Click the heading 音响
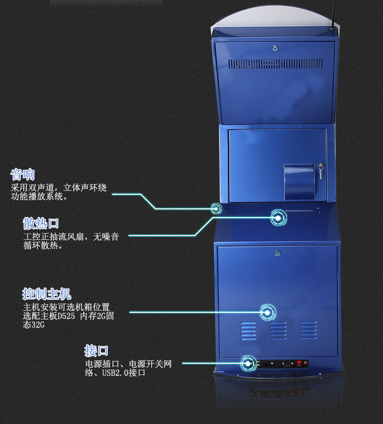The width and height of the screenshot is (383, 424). pyautogui.click(x=23, y=174)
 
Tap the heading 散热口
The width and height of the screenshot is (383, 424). pyautogui.click(x=41, y=223)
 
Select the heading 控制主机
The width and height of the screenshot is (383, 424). pyautogui.click(x=47, y=294)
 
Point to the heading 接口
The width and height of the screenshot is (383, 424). pyautogui.click(x=96, y=351)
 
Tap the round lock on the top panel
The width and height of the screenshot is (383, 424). pyautogui.click(x=275, y=48)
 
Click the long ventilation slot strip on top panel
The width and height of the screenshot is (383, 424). pyautogui.click(x=275, y=64)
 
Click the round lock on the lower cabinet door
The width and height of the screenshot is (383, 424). pyautogui.click(x=277, y=253)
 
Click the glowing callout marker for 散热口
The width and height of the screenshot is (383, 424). pyautogui.click(x=278, y=218)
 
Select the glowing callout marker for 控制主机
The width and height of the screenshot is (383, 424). pyautogui.click(x=267, y=312)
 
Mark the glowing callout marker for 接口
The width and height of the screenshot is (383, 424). pyautogui.click(x=248, y=363)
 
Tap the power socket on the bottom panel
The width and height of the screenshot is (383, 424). pyautogui.click(x=289, y=363)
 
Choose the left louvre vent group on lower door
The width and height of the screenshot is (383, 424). pyautogui.click(x=248, y=331)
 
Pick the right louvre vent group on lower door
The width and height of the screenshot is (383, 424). pyautogui.click(x=308, y=330)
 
